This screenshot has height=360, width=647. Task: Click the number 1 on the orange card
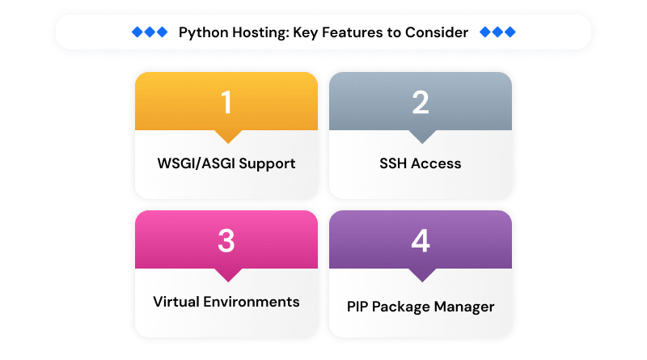coord(226,103)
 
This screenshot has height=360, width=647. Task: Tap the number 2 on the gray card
coord(420,103)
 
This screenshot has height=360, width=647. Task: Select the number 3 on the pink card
coord(226,241)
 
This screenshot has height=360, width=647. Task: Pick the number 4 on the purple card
coord(420,241)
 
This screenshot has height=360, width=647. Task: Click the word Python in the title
coord(203,33)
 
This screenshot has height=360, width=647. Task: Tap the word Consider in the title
coord(438,32)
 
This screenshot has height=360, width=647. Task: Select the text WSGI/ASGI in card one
coord(193,163)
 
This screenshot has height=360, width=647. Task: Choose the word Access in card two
coord(436,163)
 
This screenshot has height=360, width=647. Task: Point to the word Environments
coord(252,302)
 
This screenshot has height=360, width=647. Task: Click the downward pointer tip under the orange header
coord(226,142)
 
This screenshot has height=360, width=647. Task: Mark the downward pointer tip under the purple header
coord(420,281)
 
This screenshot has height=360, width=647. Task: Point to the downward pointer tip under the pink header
coord(226,281)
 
